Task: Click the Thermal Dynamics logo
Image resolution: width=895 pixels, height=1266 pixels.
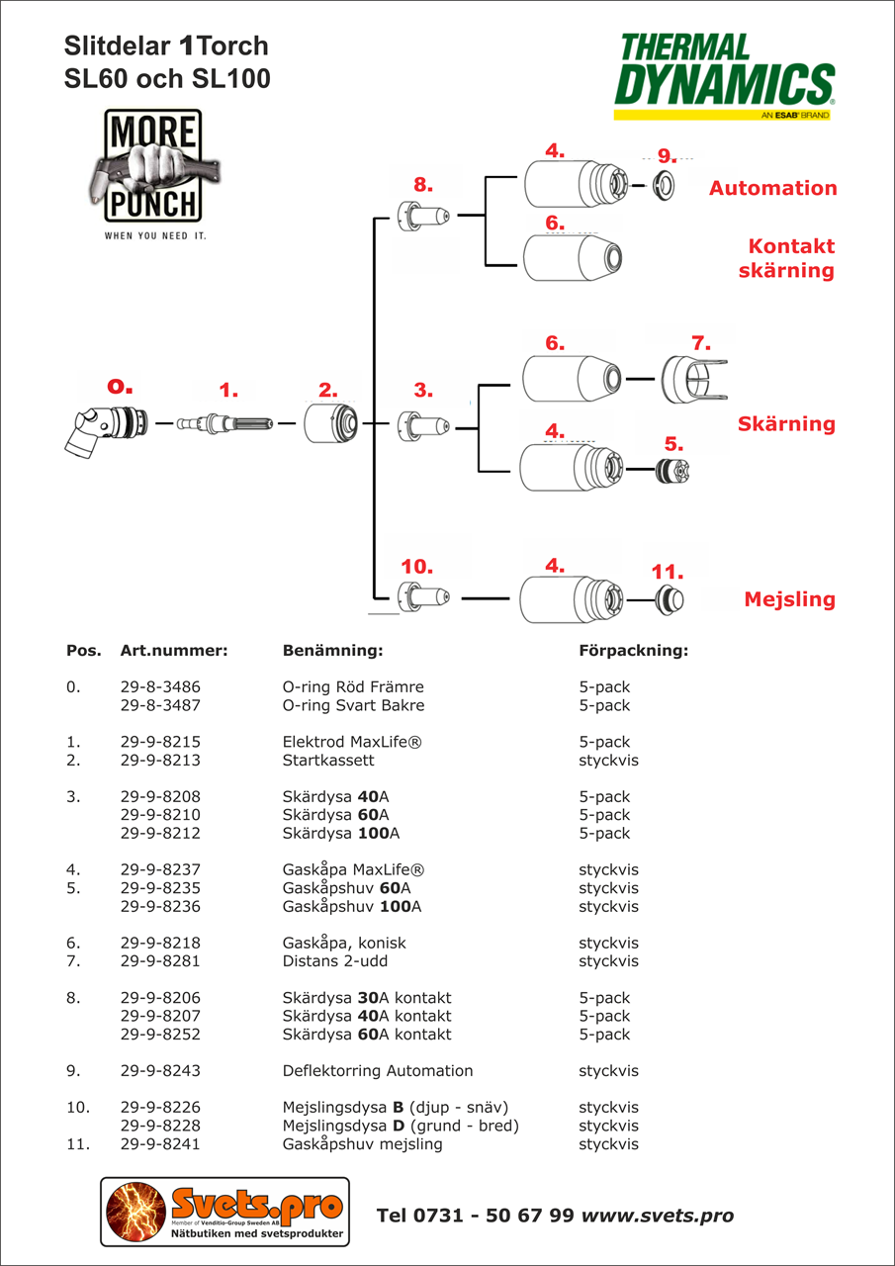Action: pyautogui.click(x=724, y=76)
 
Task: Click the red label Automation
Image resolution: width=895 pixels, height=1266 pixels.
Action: pyautogui.click(x=772, y=188)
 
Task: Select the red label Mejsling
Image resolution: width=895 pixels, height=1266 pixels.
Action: pyautogui.click(x=789, y=599)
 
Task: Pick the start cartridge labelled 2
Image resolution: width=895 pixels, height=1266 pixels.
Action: pyautogui.click(x=330, y=424)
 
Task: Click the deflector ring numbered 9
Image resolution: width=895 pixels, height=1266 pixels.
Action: pyautogui.click(x=665, y=184)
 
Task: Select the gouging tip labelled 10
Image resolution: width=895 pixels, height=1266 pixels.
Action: pyautogui.click(x=423, y=597)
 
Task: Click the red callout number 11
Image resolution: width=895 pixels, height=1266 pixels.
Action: pyautogui.click(x=668, y=572)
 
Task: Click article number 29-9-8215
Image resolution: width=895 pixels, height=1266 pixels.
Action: pyautogui.click(x=166, y=742)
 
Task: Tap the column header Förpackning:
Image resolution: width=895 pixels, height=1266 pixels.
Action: pyautogui.click(x=633, y=651)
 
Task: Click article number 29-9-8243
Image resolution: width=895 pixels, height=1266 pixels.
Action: pyautogui.click(x=166, y=1071)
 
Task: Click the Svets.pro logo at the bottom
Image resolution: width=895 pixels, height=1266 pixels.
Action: pyautogui.click(x=224, y=1214)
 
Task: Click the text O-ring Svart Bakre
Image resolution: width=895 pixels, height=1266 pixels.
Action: pyautogui.click(x=353, y=705)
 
